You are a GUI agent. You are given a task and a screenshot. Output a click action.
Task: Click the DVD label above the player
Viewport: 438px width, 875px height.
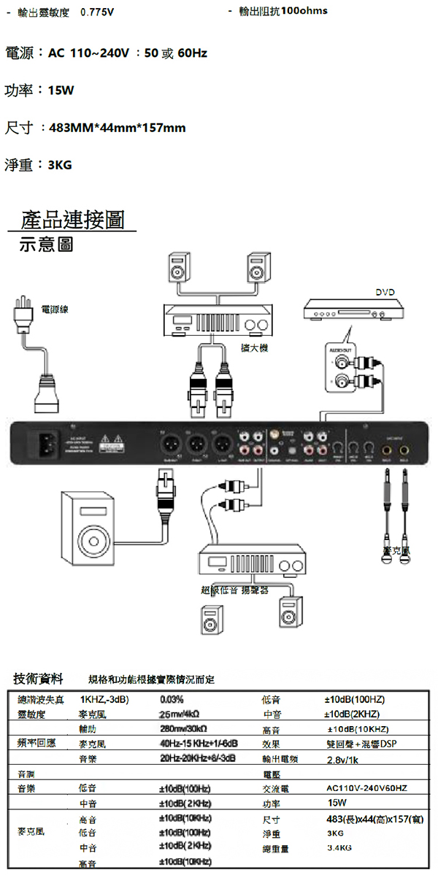click(385, 292)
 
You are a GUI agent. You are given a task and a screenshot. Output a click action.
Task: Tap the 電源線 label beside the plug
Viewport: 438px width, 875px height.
click(55, 309)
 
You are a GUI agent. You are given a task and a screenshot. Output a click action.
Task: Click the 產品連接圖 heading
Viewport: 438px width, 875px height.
click(72, 218)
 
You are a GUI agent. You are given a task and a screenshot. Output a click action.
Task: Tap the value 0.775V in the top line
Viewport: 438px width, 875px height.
click(96, 12)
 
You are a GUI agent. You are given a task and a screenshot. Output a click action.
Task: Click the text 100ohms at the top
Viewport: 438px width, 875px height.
click(304, 11)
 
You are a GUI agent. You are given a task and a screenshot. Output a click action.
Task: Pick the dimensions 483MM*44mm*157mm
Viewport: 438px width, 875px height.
click(118, 128)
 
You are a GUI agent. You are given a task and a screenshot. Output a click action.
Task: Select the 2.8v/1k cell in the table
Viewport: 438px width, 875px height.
click(342, 759)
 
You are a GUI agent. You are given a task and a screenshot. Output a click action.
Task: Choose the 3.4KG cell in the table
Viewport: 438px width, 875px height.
click(339, 848)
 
